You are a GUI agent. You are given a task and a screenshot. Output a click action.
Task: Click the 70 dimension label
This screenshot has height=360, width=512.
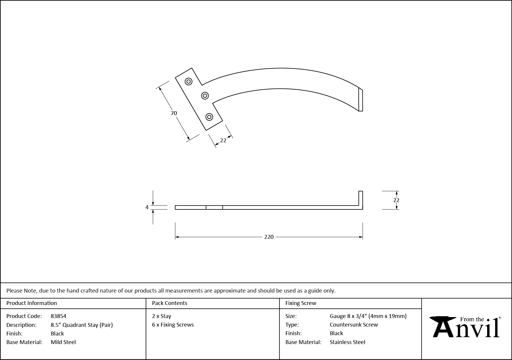click(174, 113)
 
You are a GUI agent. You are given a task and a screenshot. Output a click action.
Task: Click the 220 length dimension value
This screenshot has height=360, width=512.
click(269, 237)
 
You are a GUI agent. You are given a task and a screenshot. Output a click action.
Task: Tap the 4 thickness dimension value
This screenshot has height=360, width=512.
click(147, 207)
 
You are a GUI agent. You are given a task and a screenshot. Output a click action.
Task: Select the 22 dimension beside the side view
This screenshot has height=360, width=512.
click(396, 200)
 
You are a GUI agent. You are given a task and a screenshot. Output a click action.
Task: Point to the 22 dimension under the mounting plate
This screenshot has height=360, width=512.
click(223, 141)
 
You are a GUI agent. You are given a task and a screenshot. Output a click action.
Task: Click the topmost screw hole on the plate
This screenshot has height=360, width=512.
click(189, 81)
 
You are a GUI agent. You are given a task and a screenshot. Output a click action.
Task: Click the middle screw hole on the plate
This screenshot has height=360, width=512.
click(205, 96)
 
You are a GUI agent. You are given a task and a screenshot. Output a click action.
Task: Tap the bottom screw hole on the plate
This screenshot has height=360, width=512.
click(209, 117)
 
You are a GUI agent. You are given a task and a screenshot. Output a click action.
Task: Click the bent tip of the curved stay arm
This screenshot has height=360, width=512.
click(360, 100)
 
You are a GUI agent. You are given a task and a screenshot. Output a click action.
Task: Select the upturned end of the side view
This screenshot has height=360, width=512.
click(360, 198)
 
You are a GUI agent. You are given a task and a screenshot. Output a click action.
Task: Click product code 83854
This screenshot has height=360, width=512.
click(59, 316)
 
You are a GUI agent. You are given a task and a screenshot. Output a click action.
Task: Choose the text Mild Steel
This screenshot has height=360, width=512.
click(63, 342)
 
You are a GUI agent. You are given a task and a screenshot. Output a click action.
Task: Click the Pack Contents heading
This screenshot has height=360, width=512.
click(170, 303)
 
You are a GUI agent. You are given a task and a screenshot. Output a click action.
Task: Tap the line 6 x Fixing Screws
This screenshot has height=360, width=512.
click(173, 325)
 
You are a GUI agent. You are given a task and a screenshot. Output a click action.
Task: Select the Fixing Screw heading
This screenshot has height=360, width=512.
click(301, 303)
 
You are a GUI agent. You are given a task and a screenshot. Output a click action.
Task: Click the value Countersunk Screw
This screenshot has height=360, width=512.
click(354, 325)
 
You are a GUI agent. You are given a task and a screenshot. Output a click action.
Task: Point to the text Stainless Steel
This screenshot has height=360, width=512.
click(347, 342)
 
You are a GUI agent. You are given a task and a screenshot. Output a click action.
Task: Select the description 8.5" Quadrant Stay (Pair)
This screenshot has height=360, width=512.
click(82, 325)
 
